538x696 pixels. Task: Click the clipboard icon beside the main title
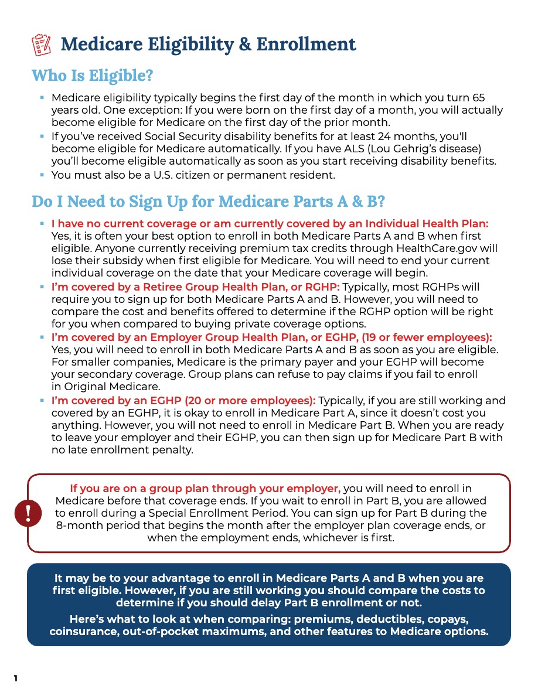tap(40, 45)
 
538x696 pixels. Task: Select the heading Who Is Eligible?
tap(92, 76)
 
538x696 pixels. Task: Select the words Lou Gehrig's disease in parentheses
tap(434, 148)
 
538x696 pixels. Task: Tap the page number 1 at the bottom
tap(16, 679)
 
